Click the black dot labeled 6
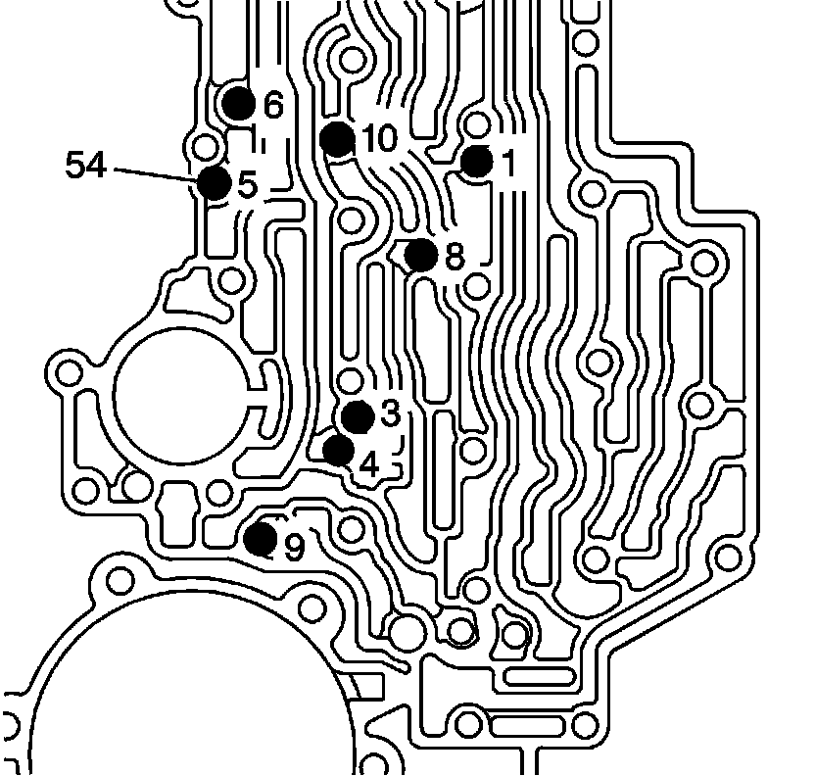tap(239, 102)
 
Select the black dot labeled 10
tap(337, 138)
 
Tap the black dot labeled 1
tap(478, 162)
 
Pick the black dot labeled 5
tap(214, 182)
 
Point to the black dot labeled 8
tap(421, 255)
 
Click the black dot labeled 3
tap(358, 416)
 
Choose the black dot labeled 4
tap(339, 450)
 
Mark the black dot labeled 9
tap(261, 538)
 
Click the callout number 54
tap(86, 165)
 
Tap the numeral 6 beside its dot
tap(272, 104)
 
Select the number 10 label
tap(379, 139)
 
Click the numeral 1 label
tap(507, 163)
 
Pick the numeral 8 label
tap(454, 257)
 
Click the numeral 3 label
tap(390, 413)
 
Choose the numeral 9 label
tap(294, 549)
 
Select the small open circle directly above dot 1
tap(478, 125)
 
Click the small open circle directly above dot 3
tap(350, 380)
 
